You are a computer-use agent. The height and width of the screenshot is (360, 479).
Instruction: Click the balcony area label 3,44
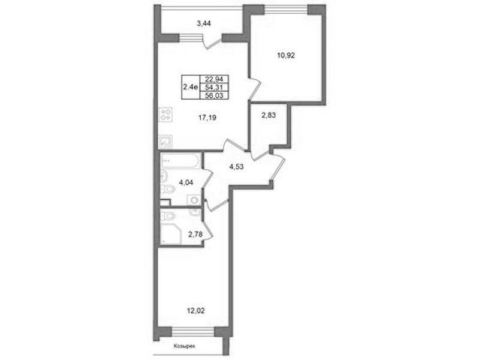[204, 23]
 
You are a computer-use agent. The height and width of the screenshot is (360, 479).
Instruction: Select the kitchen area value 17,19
[207, 117]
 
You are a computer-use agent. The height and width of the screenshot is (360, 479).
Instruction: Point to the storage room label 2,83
[269, 115]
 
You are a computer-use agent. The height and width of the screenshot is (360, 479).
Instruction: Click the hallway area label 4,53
[236, 167]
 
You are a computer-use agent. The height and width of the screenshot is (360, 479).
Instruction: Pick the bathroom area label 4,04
[186, 182]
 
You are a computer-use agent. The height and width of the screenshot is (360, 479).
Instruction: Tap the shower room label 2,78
[195, 235]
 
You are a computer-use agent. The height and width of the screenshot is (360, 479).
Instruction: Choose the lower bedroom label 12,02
[195, 311]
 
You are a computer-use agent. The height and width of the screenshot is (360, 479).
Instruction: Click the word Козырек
[184, 347]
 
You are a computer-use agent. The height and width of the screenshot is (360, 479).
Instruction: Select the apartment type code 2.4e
[189, 87]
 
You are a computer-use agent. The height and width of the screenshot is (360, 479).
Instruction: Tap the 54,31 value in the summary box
[214, 88]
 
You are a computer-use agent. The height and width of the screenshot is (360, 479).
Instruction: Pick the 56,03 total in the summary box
[214, 95]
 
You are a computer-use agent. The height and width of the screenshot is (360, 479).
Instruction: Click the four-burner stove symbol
[166, 115]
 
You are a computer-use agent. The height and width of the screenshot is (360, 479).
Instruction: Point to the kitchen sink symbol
[166, 142]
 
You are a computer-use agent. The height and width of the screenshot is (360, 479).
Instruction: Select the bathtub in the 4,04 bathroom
[180, 161]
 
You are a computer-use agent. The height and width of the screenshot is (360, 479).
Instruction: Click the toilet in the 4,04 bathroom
[168, 188]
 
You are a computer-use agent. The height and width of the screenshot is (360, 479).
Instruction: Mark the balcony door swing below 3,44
[212, 42]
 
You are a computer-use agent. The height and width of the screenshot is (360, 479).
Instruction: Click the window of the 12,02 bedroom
[193, 332]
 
